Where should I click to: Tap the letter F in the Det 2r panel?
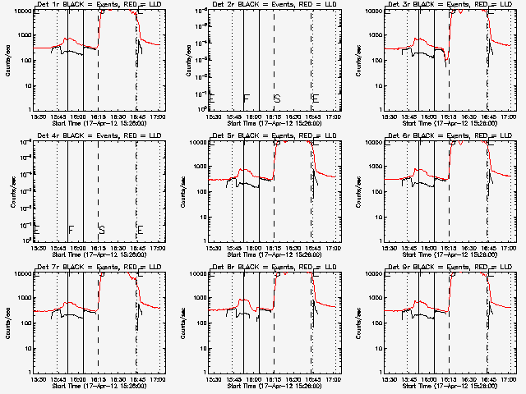coord(246,98)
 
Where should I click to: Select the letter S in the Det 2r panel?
coord(277,98)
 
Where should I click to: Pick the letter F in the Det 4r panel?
coord(71,229)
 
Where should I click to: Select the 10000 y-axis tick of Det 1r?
coord(20,11)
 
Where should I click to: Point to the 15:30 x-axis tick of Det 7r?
coord(38,379)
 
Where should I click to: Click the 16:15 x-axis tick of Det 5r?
coord(274,248)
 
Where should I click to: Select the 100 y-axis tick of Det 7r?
coord(23,323)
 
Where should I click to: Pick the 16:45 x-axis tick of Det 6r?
coord(488,248)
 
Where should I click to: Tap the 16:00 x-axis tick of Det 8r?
coord(254,379)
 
